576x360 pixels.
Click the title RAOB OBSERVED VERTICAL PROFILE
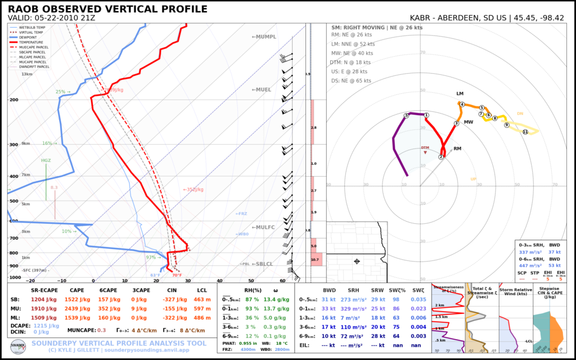click(107, 9)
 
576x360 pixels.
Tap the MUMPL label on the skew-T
click(264, 37)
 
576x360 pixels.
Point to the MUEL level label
click(262, 89)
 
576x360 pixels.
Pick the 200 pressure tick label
click(13, 100)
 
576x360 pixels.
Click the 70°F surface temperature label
click(177, 276)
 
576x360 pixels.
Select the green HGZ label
click(46, 160)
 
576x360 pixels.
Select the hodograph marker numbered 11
click(525, 132)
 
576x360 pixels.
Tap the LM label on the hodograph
click(460, 93)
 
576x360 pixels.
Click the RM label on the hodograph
click(457, 149)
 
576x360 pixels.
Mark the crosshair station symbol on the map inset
click(357, 261)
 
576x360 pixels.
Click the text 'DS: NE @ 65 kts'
click(352, 81)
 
